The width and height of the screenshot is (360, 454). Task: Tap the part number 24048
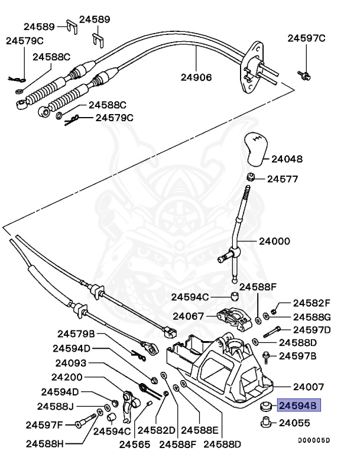tap(287, 159)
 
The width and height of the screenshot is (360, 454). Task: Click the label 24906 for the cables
tap(196, 77)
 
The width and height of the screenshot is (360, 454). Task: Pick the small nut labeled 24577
tap(251, 177)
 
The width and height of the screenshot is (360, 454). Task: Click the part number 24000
tap(275, 241)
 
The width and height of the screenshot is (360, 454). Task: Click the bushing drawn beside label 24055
tap(265, 422)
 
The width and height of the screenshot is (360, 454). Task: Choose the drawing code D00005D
tap(313, 440)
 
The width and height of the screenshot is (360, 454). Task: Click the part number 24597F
tap(44, 424)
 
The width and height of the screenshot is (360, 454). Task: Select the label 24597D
tap(312, 329)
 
